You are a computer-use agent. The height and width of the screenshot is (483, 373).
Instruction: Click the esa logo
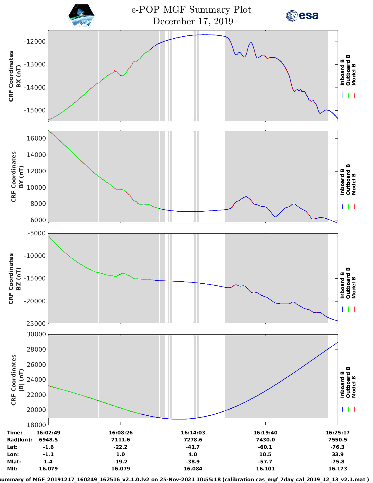coord(302,15)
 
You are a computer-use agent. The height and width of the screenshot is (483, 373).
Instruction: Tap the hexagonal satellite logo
coord(82,16)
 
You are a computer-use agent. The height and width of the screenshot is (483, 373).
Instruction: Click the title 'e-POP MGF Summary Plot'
coord(191,10)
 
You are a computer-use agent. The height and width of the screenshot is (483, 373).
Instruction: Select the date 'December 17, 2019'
coord(193,21)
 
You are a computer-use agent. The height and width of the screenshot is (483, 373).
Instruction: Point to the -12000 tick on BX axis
coord(35,42)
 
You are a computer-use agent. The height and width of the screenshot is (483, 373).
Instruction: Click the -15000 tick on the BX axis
coord(35,110)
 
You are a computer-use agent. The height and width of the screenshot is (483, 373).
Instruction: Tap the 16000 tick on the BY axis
coord(36,138)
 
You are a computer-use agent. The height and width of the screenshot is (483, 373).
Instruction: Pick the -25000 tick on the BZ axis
coord(35,323)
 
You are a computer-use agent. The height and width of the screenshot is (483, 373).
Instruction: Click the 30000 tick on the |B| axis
coord(36,334)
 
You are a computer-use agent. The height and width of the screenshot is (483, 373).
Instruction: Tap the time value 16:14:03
coord(193,433)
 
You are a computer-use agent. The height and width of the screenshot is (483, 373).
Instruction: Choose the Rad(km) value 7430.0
coord(265,440)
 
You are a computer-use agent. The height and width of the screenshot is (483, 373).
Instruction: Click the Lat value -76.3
coord(338,447)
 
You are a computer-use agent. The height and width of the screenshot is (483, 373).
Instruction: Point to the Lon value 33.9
coord(338,454)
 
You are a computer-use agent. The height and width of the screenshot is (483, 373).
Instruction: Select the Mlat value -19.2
coord(120,462)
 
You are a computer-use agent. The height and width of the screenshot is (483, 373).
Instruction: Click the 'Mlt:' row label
coord(13,469)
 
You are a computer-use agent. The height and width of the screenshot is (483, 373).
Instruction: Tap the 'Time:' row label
coord(15,433)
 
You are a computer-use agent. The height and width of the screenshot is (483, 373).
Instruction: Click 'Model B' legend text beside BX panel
coord(354,74)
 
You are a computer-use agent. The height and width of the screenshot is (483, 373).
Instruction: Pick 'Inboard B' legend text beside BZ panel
coord(342,285)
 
